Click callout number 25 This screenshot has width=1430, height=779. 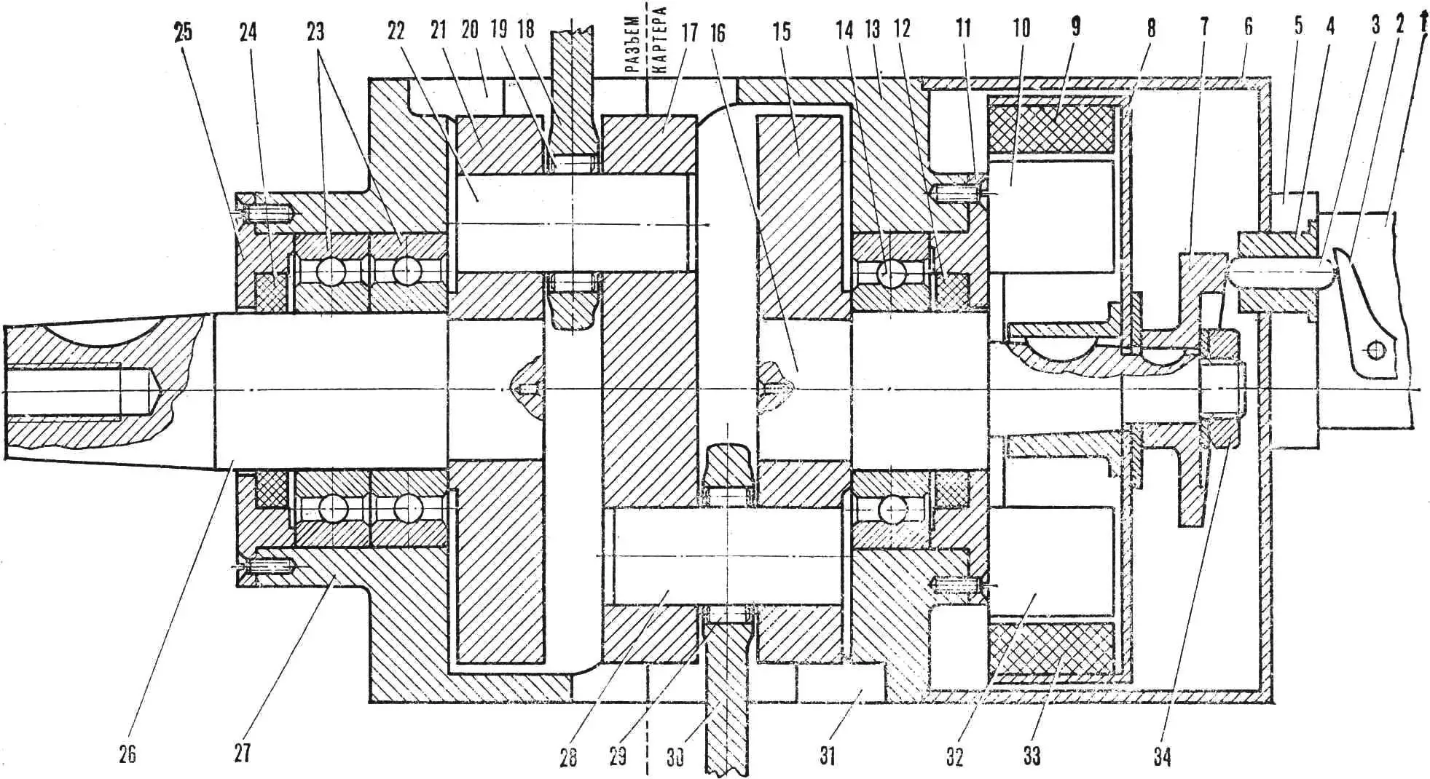pos(183,32)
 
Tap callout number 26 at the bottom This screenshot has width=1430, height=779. pos(127,754)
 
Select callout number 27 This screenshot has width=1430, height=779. pos(242,753)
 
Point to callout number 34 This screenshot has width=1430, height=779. pos(1162,757)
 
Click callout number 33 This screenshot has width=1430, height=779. pos(1032,756)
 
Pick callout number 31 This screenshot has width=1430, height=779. pos(827,756)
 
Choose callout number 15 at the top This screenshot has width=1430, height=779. pos(782,31)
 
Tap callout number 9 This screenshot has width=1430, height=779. pos(1075,27)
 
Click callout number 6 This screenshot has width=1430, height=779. pos(1249,26)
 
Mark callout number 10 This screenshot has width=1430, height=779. pos(1021,28)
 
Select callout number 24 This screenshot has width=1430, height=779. pos(248,32)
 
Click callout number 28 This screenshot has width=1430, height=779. pos(568,757)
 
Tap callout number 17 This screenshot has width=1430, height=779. pos(689,32)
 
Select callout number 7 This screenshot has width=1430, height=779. pos(1204,26)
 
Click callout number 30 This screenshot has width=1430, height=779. pos(675,757)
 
